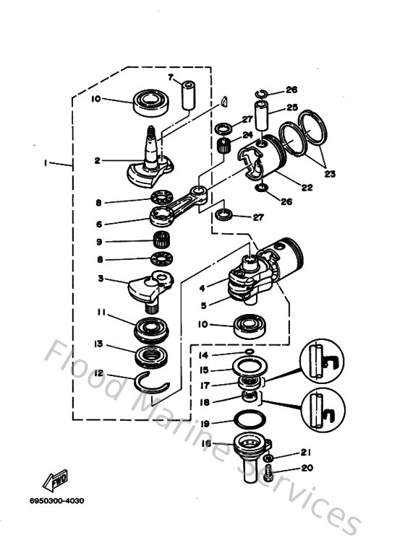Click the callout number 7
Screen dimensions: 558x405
click(x=171, y=77)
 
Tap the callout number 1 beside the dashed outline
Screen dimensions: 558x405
click(x=46, y=164)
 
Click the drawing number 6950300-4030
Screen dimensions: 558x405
click(x=57, y=500)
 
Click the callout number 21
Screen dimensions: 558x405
click(x=305, y=453)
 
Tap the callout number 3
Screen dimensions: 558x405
click(x=103, y=279)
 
